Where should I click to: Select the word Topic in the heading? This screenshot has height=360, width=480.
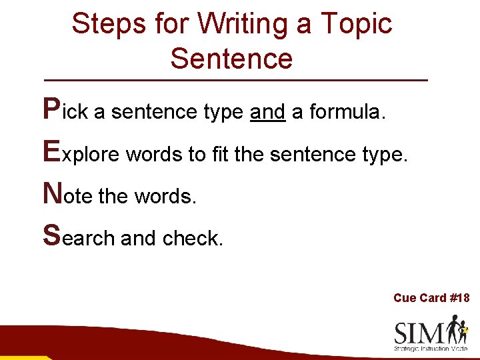coord(356,24)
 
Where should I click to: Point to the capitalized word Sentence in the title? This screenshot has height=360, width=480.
coord(231,58)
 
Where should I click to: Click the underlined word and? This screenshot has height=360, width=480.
coord(267,112)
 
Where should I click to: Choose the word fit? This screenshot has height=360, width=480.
coord(219,155)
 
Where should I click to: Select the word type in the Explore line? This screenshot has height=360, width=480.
coord(383,156)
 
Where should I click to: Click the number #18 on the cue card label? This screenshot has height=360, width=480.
coord(459,298)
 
